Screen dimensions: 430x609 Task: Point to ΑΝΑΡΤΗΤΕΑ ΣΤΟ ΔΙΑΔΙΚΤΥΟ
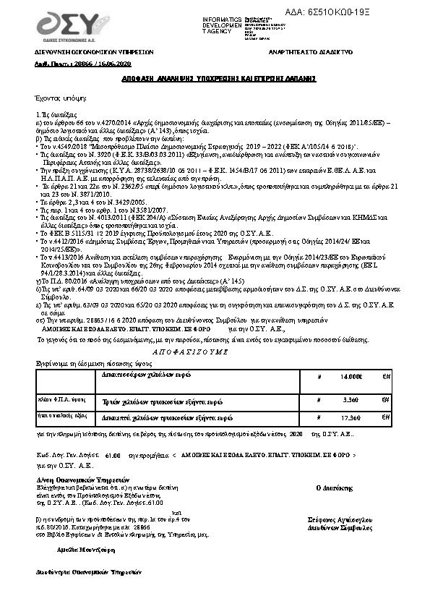pyautogui.click(x=310, y=54)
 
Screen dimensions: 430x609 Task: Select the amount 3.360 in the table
pyautogui.click(x=351, y=399)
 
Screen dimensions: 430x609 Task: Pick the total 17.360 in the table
pyautogui.click(x=350, y=419)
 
